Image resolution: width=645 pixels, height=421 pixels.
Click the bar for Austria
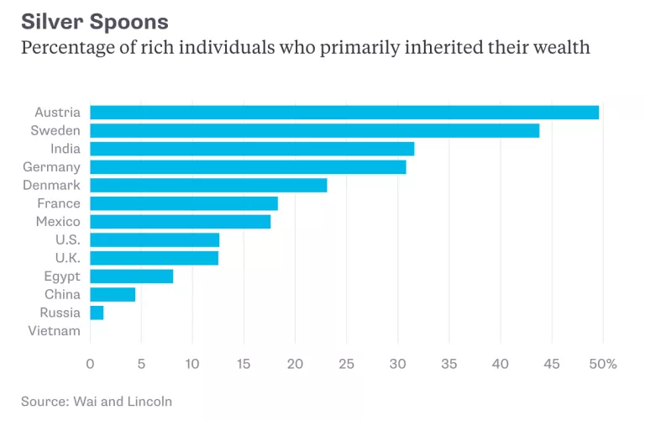[344, 113]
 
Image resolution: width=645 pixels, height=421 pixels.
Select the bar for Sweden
[315, 130]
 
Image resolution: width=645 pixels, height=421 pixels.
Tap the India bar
[252, 149]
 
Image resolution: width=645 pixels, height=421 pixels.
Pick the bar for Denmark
[208, 185]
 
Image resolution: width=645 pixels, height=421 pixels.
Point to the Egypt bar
[132, 276]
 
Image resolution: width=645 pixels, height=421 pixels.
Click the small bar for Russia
[97, 313]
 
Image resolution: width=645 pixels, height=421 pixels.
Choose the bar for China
[113, 294]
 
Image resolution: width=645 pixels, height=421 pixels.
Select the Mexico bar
[181, 222]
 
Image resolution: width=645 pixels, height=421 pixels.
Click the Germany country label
[51, 167]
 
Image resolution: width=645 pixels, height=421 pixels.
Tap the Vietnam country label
[55, 331]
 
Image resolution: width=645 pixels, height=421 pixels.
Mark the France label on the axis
[59, 203]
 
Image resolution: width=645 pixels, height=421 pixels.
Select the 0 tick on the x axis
[90, 364]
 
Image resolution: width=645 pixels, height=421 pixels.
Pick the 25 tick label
[347, 364]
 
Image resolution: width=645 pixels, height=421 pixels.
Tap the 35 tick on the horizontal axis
[449, 364]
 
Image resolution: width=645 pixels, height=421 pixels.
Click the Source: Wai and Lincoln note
[97, 402]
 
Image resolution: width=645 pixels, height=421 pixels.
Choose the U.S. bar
[155, 240]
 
